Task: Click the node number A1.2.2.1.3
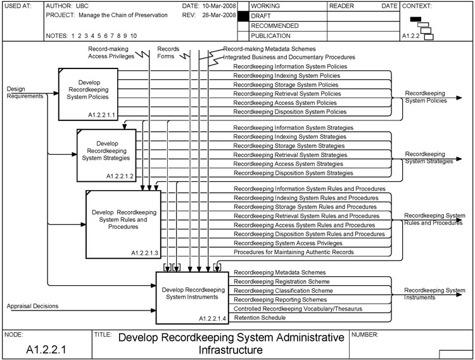coord(145,252)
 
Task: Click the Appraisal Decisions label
coord(32,306)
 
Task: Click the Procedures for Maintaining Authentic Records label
coord(294,252)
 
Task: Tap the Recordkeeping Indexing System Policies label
coord(286,75)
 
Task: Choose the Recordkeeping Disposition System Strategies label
coord(293,172)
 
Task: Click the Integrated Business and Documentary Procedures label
coord(289,57)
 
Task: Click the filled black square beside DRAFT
coord(243,15)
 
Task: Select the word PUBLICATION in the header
coord(270,36)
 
